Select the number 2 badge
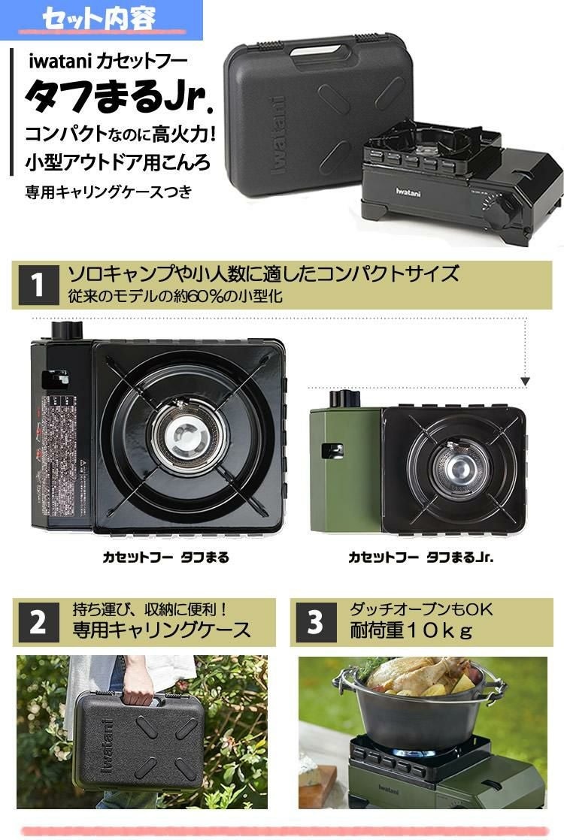[x=38, y=623]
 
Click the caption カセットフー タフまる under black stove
[x=165, y=557]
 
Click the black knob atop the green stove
[x=346, y=398]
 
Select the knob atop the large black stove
[x=65, y=330]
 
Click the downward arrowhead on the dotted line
[x=526, y=382]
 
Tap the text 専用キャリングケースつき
[x=108, y=192]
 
